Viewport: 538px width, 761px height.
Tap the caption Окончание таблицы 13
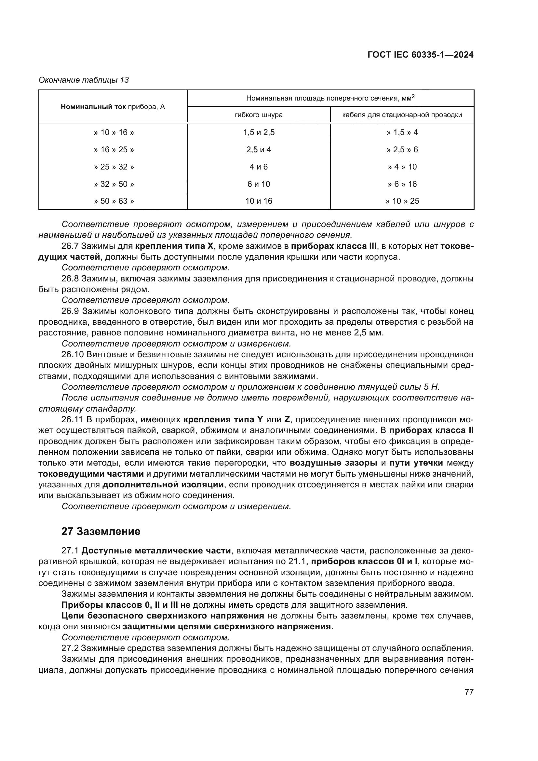84,80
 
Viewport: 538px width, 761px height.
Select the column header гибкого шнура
258,115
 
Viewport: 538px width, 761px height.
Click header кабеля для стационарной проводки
402,115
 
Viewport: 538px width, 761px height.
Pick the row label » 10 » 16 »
114,132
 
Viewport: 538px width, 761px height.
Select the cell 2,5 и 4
258,150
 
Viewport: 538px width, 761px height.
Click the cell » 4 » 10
402,167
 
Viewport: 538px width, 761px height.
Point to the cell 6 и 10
258,184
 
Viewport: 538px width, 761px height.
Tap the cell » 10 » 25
402,201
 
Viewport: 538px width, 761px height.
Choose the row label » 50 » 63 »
114,201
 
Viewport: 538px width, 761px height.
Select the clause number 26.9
70,311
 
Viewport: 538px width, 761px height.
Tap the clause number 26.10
72,355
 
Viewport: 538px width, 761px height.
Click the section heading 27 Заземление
101,532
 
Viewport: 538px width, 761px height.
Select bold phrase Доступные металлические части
156,551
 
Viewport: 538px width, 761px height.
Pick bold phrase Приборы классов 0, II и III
120,605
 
